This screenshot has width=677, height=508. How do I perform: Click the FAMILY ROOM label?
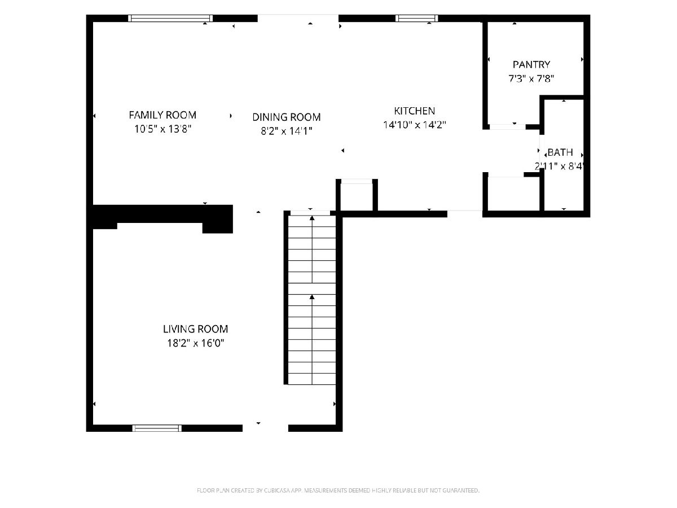click(x=162, y=115)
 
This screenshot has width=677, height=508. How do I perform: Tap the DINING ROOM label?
click(x=287, y=117)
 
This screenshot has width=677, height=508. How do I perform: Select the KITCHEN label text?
click(x=415, y=111)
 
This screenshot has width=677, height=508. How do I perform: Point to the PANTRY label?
click(x=531, y=64)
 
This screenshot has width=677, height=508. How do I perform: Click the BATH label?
click(x=560, y=152)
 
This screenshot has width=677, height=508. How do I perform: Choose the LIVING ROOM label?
click(x=196, y=329)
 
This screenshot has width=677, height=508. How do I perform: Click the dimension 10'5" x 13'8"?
click(x=163, y=129)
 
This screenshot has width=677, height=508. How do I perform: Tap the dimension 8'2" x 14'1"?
click(x=287, y=131)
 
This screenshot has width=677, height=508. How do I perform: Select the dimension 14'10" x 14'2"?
click(x=415, y=125)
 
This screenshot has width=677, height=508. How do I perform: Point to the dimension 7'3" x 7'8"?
click(x=531, y=78)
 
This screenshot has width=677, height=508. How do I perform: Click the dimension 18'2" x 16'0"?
click(x=196, y=343)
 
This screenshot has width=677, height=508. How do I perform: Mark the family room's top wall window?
click(x=170, y=18)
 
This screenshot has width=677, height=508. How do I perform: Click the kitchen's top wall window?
click(x=417, y=18)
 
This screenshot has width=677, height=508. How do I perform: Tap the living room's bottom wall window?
click(x=157, y=428)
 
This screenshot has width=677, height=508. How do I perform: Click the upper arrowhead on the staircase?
click(x=312, y=218)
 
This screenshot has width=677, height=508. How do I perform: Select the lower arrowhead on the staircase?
click(x=312, y=297)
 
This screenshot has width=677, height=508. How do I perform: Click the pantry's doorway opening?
click(x=508, y=127)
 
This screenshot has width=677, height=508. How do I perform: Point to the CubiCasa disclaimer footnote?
click(x=338, y=491)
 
